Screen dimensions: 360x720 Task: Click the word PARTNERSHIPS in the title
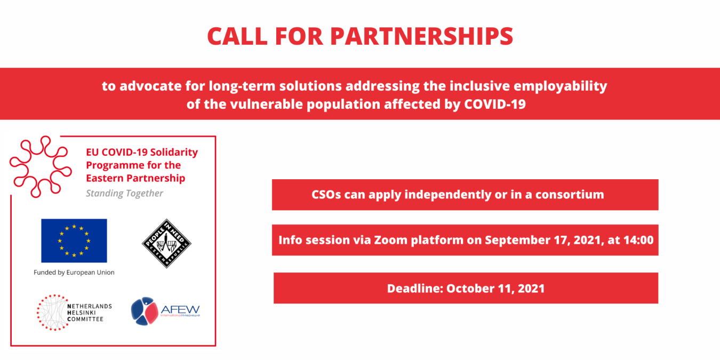coord(421,36)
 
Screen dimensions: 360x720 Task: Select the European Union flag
coord(74,241)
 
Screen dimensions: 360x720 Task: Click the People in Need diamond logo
coord(166,243)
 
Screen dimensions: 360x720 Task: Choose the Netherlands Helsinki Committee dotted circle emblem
coord(53,312)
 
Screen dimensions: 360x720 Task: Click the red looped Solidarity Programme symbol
coord(41,166)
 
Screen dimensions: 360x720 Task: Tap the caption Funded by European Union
coord(74,272)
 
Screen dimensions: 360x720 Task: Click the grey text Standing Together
coord(125,193)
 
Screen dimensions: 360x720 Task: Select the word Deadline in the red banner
coord(414,289)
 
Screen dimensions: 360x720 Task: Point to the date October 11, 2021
coord(495,289)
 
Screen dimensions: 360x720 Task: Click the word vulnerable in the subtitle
coord(262,104)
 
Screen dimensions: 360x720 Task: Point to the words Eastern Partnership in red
coord(135,178)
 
